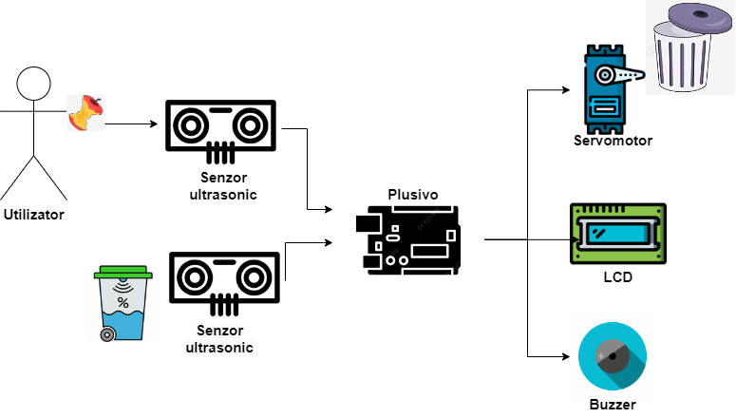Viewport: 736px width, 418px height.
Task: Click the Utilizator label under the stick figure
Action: point(34,215)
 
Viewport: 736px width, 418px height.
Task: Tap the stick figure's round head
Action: point(34,83)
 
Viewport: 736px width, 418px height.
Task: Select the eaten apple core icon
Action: point(85,114)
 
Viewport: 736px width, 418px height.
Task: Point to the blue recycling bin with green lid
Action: point(123,304)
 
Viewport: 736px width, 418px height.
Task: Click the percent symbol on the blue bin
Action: point(123,303)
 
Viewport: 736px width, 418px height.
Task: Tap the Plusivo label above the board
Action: point(413,194)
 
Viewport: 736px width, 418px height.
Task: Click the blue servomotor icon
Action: point(605,88)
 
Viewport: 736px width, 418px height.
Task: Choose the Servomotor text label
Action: point(613,142)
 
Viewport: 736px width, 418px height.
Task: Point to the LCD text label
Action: point(617,277)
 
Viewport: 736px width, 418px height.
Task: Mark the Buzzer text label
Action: point(612,404)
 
